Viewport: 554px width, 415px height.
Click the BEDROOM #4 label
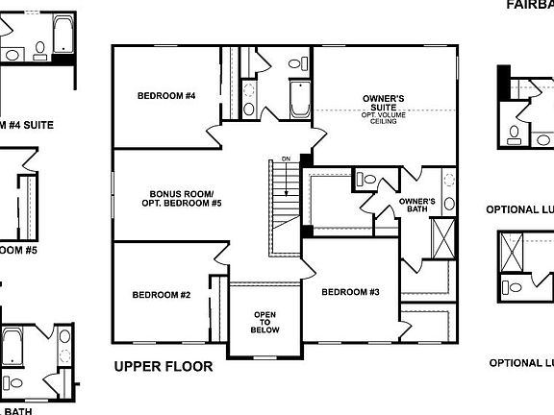tap(166, 96)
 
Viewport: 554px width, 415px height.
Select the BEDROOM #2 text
tap(162, 295)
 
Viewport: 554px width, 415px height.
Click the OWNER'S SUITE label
tap(383, 102)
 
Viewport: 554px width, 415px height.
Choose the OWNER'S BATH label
tap(416, 206)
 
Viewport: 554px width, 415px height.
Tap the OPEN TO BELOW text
tap(265, 322)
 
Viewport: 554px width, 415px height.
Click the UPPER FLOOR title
tap(163, 366)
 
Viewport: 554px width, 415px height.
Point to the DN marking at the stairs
tap(286, 159)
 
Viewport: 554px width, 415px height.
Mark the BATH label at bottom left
tap(18, 411)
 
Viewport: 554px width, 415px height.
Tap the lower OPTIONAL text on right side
tap(520, 363)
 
